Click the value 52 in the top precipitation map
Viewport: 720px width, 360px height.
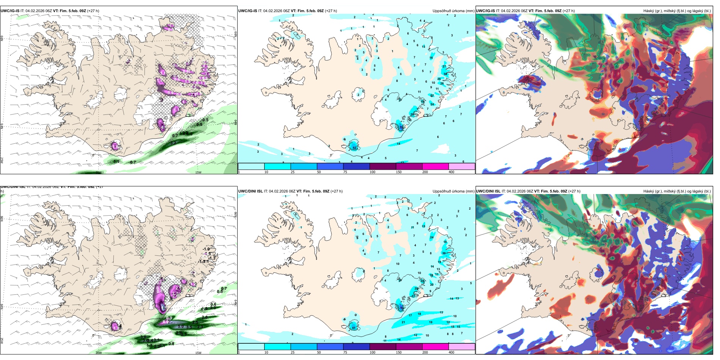click(x=354, y=148)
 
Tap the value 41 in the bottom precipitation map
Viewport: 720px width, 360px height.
click(x=354, y=328)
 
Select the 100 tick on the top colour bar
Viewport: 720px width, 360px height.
click(x=373, y=172)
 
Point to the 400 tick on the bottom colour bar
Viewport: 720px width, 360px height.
click(x=451, y=352)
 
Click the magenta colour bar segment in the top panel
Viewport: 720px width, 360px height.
click(x=435, y=166)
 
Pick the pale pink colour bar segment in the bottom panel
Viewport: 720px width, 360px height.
click(x=462, y=347)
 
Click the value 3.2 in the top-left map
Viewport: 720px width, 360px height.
click(x=173, y=143)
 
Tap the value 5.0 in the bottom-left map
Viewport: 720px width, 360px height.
click(x=181, y=327)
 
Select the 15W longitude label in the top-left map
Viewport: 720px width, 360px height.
click(x=198, y=172)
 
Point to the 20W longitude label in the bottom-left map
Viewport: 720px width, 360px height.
click(x=99, y=353)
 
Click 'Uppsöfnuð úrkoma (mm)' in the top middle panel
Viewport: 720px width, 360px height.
click(x=453, y=11)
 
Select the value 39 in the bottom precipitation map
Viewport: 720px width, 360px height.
click(x=444, y=253)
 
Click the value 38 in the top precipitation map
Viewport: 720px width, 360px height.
click(x=445, y=74)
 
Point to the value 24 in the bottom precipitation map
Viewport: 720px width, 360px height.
click(x=432, y=238)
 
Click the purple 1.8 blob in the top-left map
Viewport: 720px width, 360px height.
click(x=115, y=146)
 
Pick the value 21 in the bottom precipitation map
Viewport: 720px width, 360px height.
click(x=403, y=322)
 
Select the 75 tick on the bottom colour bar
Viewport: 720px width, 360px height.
click(x=345, y=352)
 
